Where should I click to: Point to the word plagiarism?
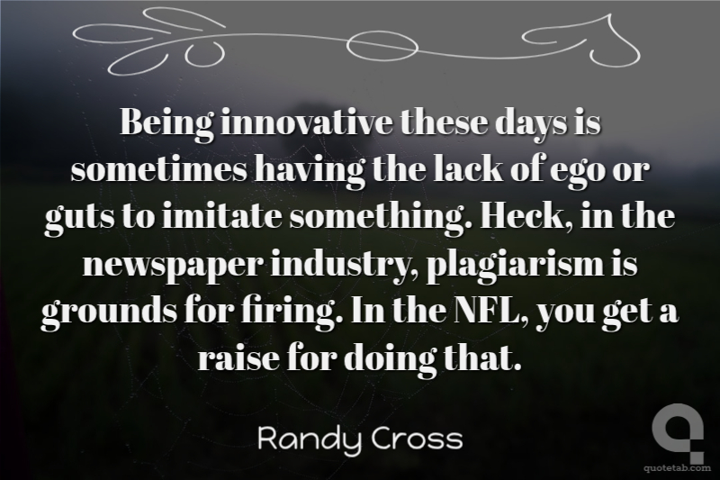click(x=516, y=267)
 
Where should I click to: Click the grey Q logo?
click(x=679, y=432)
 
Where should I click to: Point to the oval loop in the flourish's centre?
click(x=382, y=45)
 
